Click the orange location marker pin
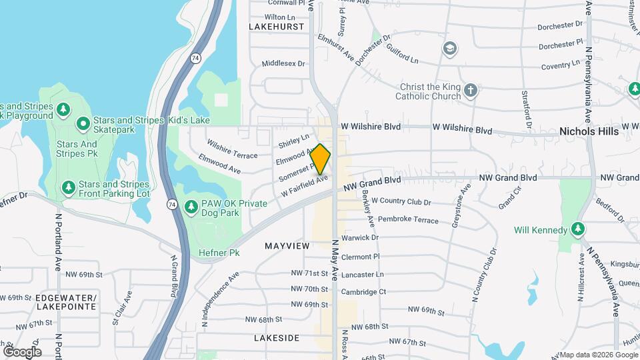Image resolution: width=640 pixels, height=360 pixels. pyautogui.click(x=320, y=159)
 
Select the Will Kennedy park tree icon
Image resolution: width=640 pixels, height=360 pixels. pyautogui.click(x=579, y=231)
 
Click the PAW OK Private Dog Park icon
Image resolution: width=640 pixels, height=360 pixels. pyautogui.click(x=191, y=207)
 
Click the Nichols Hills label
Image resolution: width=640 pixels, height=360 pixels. pyautogui.click(x=589, y=131)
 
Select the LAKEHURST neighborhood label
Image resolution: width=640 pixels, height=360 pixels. pyautogui.click(x=276, y=27)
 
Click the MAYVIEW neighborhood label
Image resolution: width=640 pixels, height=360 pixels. pyautogui.click(x=287, y=246)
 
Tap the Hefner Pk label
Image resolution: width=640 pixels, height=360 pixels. pyautogui.click(x=219, y=253)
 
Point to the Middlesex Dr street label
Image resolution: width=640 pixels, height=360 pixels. pyautogui.click(x=283, y=64)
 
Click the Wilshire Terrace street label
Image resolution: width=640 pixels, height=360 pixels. pyautogui.click(x=232, y=149)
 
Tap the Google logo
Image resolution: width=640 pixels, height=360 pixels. pyautogui.click(x=22, y=351)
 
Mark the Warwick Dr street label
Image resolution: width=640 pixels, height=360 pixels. pyautogui.click(x=359, y=237)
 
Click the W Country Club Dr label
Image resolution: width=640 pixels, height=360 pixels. pyautogui.click(x=401, y=201)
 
